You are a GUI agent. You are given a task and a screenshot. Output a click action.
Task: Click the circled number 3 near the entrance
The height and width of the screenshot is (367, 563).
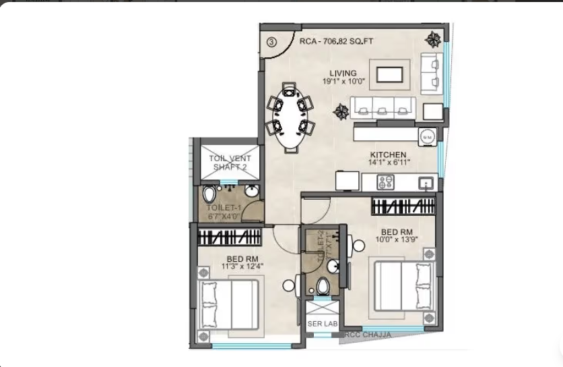(x=271, y=41)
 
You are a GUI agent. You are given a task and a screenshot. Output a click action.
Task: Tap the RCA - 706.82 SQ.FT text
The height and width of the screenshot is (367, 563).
(x=336, y=41)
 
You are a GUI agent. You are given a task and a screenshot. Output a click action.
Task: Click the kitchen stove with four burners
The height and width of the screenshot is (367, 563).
(x=386, y=181)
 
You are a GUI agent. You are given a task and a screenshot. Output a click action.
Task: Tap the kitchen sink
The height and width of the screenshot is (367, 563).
(x=425, y=181)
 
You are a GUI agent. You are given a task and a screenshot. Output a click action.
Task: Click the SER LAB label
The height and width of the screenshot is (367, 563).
(x=322, y=323)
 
